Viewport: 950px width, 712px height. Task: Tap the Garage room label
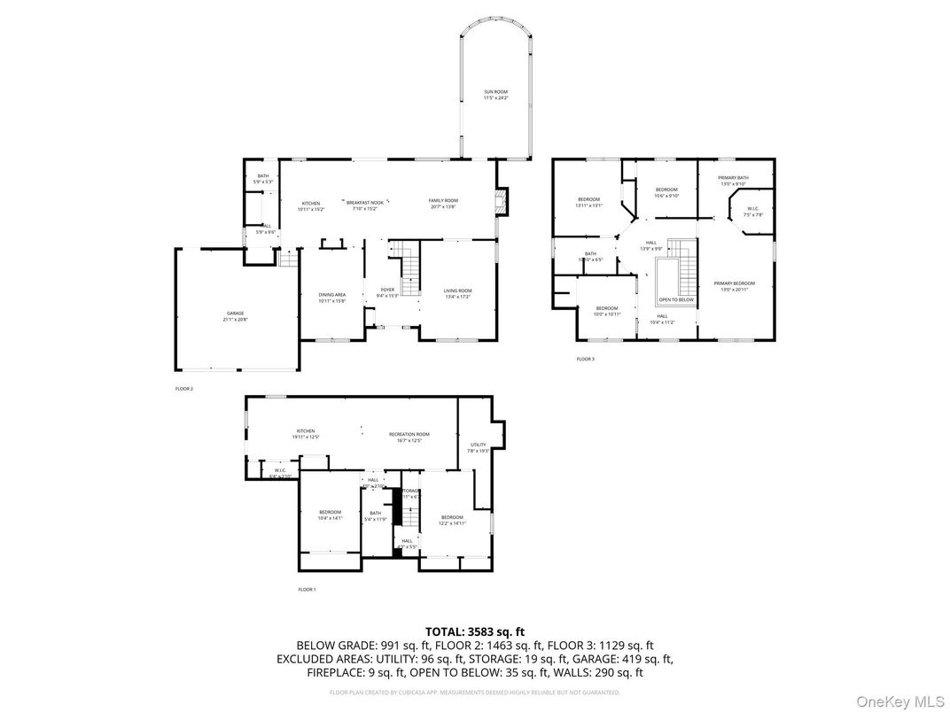(235, 315)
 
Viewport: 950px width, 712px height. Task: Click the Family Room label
(443, 203)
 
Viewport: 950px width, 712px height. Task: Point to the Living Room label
(458, 293)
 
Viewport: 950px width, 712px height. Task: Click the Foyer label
(387, 292)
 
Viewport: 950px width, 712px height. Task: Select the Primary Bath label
(734, 180)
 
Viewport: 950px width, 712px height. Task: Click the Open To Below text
(676, 299)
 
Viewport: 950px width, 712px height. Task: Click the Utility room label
(478, 447)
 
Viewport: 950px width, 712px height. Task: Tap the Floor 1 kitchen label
(306, 433)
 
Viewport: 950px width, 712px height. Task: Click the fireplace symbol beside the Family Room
(502, 202)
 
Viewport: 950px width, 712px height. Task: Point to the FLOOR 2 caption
(183, 389)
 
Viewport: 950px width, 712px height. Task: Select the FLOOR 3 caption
(586, 359)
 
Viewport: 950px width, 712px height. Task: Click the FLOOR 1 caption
(307, 589)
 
